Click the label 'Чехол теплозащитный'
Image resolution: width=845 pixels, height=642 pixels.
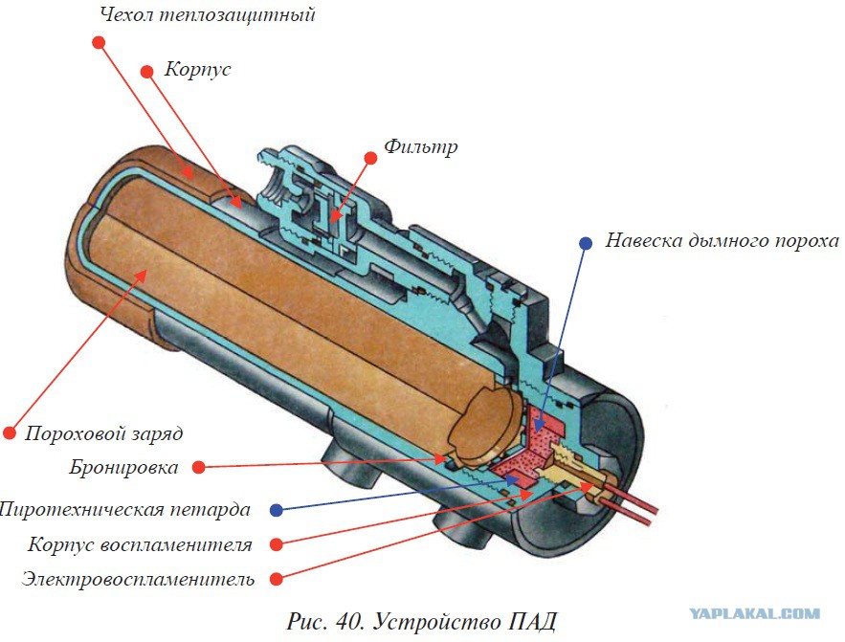pos(207,15)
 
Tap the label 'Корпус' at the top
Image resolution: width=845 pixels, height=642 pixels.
pos(197,70)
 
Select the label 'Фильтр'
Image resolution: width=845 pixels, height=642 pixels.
pos(421,146)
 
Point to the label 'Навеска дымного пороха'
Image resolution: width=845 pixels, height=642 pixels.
pos(722,240)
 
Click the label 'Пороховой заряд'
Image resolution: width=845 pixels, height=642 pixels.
pos(103,433)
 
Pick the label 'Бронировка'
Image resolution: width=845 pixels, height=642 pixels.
pos(123,468)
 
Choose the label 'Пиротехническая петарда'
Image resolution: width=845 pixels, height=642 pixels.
pos(125,509)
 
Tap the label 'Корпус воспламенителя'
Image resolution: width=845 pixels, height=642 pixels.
pos(140,545)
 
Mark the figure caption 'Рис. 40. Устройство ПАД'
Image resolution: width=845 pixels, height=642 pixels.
pos(421,620)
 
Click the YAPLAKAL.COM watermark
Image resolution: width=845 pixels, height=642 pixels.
pos(767,613)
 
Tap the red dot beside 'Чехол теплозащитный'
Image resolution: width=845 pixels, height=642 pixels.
pos(98,42)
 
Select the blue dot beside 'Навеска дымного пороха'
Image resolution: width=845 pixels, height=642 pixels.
pos(586,243)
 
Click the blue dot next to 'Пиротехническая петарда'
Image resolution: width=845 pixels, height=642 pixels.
pos(277,509)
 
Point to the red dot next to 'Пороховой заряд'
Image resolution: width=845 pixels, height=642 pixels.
pos(11,432)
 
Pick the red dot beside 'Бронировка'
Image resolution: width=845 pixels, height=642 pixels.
pos(198,468)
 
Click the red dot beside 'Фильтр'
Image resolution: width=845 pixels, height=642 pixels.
pos(369,156)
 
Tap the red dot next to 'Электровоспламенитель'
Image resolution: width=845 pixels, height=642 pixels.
pos(277,579)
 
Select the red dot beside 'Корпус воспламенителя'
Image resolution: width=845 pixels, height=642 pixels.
pos(277,544)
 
